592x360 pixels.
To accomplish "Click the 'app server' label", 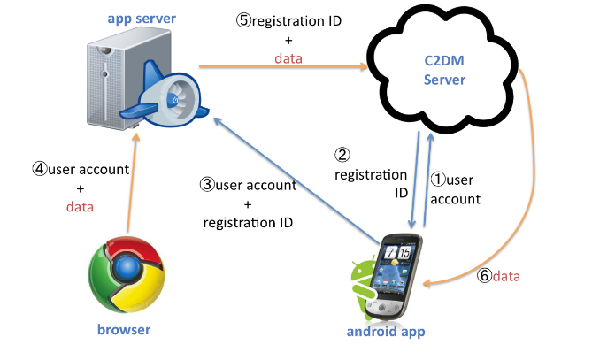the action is [142, 19].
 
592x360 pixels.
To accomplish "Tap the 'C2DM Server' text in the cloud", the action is [444, 70].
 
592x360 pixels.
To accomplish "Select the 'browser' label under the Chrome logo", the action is [124, 329].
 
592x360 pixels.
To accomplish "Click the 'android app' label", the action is [386, 332].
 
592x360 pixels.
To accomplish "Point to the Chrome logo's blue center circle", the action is [127, 267].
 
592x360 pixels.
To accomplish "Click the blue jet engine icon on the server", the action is [166, 96].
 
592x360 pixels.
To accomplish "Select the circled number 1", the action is [438, 180].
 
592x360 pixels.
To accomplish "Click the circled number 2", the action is [342, 154].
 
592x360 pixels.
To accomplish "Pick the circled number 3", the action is [207, 185].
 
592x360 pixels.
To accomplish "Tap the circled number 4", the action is [40, 169].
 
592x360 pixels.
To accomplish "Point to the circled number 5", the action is [244, 20].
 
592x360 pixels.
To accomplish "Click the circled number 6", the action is [484, 276].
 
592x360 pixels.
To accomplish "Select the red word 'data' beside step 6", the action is [506, 276].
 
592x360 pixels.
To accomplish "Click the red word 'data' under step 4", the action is [80, 207].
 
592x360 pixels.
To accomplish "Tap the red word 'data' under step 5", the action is [288, 58].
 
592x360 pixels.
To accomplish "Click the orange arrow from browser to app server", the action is [133, 182].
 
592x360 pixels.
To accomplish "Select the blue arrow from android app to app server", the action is [296, 180].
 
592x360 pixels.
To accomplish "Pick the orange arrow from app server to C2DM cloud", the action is [283, 67].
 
